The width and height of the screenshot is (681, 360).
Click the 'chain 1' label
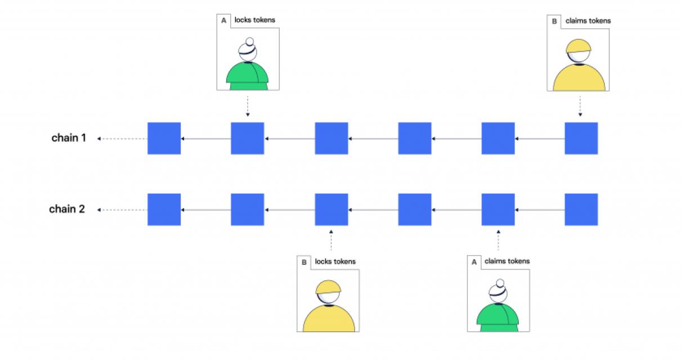tap(69, 138)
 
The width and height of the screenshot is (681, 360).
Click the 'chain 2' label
tap(67, 209)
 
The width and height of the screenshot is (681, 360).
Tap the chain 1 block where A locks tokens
tap(247, 138)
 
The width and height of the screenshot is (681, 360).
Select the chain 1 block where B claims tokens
tap(581, 138)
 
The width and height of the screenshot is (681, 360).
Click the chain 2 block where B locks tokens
tap(331, 209)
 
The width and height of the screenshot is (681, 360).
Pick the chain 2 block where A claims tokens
tap(498, 209)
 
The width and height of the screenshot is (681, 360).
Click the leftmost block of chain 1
tap(164, 138)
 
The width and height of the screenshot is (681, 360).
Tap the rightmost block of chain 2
tap(581, 209)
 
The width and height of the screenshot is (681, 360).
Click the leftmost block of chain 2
tap(164, 209)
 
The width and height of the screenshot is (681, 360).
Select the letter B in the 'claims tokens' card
tap(554, 21)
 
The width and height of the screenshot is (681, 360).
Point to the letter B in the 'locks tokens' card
tap(304, 262)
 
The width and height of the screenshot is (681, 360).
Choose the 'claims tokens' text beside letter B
tap(588, 21)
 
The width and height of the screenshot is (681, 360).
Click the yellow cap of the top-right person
tap(578, 47)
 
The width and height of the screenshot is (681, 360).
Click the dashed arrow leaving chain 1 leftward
tap(122, 138)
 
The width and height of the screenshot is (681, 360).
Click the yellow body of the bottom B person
tap(329, 319)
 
